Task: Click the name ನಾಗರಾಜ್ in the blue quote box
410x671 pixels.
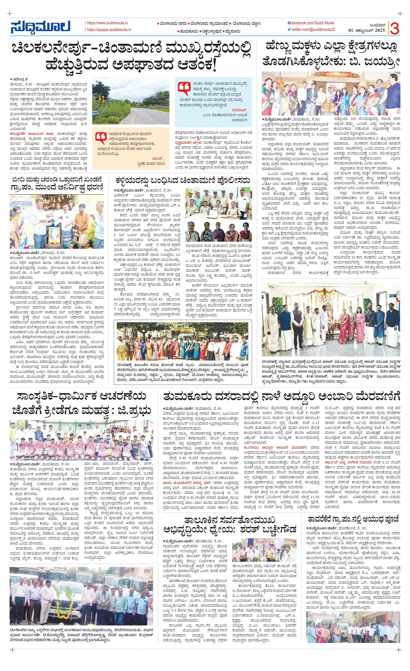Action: [x=239, y=110]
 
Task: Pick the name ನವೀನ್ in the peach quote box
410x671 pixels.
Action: [x=159, y=158]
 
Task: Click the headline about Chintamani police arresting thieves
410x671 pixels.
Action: [x=183, y=180]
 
